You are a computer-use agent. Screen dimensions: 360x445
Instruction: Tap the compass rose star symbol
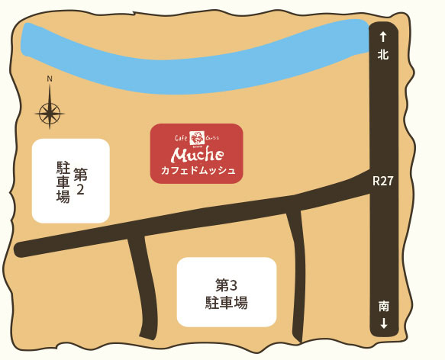pyautogui.click(x=50, y=114)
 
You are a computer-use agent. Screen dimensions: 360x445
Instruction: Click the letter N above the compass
pyautogui.click(x=50, y=79)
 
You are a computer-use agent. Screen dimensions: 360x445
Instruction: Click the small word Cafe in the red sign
pyautogui.click(x=180, y=138)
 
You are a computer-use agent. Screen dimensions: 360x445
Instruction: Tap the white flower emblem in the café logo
pyautogui.click(x=197, y=138)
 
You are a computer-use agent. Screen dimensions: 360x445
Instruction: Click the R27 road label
pyautogui.click(x=383, y=181)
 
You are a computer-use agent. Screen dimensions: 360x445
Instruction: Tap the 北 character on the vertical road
pyautogui.click(x=383, y=54)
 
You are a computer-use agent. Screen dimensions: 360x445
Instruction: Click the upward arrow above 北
pyautogui.click(x=383, y=36)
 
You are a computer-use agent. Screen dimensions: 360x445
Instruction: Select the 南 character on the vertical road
pyautogui.click(x=383, y=306)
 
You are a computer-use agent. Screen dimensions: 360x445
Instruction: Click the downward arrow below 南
pyautogui.click(x=383, y=323)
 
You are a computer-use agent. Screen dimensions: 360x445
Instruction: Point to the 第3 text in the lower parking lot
pyautogui.click(x=226, y=285)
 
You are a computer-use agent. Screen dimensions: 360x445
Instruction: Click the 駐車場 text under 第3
pyautogui.click(x=226, y=304)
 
